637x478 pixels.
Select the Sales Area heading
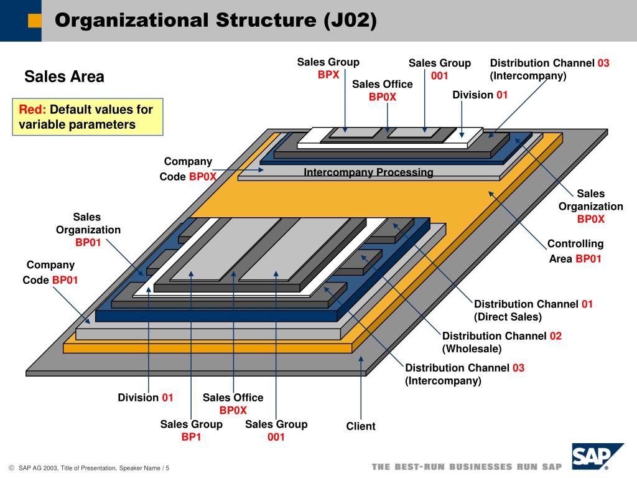(64, 77)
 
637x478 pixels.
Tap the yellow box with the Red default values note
(88, 117)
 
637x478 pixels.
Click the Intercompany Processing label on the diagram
(368, 172)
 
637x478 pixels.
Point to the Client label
(361, 426)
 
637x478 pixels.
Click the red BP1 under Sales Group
(192, 437)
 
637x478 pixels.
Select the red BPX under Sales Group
(328, 75)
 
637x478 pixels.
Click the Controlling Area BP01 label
(575, 251)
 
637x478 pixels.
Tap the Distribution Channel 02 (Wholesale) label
(501, 342)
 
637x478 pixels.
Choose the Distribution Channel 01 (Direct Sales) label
(533, 310)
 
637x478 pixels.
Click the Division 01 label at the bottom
(146, 398)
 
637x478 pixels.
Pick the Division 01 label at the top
(480, 95)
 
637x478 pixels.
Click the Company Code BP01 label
(50, 273)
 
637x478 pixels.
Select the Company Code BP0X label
(188, 169)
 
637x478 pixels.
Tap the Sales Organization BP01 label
(88, 230)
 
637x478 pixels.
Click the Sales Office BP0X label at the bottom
(233, 404)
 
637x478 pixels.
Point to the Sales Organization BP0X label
(590, 206)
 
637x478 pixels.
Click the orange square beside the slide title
(35, 21)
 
